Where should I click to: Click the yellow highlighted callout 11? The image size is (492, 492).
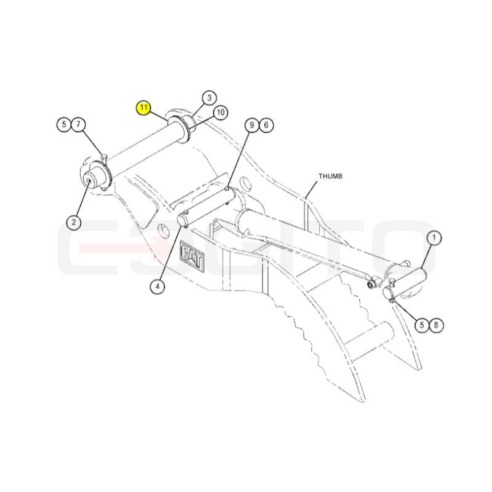(144, 108)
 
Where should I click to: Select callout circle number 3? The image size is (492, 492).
(209, 98)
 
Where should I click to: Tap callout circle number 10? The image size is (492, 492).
(220, 113)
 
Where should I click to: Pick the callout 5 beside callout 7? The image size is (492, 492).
(64, 125)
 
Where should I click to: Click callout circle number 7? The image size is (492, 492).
(79, 125)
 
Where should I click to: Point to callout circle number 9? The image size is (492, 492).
(252, 125)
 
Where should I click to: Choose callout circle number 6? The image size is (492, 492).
(266, 125)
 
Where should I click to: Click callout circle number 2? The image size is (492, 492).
(74, 223)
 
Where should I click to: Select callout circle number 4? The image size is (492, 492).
(157, 286)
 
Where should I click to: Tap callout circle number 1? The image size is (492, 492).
(434, 237)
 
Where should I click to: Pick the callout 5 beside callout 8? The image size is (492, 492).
(422, 325)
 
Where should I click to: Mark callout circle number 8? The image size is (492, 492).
(436, 325)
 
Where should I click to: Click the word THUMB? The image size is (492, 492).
(330, 177)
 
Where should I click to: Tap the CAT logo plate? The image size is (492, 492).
(191, 255)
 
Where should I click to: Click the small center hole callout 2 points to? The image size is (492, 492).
(89, 181)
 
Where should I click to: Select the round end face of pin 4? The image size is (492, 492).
(182, 220)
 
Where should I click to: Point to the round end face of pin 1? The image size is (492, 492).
(388, 293)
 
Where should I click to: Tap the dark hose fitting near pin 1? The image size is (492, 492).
(373, 284)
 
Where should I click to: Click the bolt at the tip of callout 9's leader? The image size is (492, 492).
(228, 189)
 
